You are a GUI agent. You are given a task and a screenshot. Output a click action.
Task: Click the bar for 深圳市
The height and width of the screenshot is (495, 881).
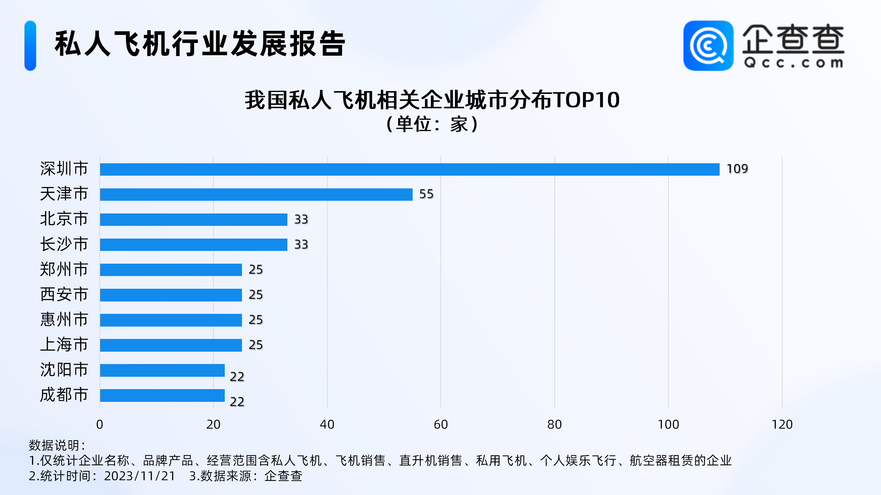point(410,169)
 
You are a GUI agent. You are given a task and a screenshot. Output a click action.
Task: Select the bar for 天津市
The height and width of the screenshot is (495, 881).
point(256,194)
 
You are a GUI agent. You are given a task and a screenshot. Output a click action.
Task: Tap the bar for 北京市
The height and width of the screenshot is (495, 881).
point(193,219)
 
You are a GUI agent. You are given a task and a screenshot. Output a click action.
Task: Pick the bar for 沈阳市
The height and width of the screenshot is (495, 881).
point(162,370)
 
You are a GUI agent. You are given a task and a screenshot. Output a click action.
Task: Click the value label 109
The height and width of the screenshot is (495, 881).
point(737,169)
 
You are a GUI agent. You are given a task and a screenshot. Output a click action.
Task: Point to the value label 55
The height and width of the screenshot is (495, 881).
point(426,194)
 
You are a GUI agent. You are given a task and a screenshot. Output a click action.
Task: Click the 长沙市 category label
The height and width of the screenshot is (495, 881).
point(64,244)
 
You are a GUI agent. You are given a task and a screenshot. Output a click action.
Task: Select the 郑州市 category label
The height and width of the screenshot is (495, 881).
point(64,269)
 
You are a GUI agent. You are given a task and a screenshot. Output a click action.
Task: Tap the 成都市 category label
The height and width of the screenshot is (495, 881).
point(64,395)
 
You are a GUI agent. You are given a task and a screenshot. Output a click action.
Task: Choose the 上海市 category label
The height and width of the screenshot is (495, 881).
point(64,344)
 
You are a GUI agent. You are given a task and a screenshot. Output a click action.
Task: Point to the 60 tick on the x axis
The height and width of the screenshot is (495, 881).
point(440,425)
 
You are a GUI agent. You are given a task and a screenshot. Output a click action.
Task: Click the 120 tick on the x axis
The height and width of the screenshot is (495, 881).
point(782,425)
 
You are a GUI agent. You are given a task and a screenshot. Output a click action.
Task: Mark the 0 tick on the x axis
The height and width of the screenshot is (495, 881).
point(99,425)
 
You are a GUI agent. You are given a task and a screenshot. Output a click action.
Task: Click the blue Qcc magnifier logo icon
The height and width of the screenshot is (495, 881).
point(708,46)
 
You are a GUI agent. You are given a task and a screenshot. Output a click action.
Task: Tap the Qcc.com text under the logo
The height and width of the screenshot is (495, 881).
point(793,63)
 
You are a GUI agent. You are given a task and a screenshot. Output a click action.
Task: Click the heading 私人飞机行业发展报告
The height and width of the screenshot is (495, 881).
point(200,44)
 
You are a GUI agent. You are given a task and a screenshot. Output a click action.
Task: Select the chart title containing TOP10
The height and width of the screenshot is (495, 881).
point(432,100)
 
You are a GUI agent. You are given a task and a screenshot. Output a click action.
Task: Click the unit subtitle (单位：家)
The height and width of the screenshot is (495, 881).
point(432,124)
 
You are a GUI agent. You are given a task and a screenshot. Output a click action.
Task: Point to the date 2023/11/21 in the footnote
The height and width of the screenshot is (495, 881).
point(140,476)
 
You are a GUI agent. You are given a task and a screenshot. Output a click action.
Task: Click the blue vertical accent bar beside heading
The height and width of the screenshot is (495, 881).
point(30,46)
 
